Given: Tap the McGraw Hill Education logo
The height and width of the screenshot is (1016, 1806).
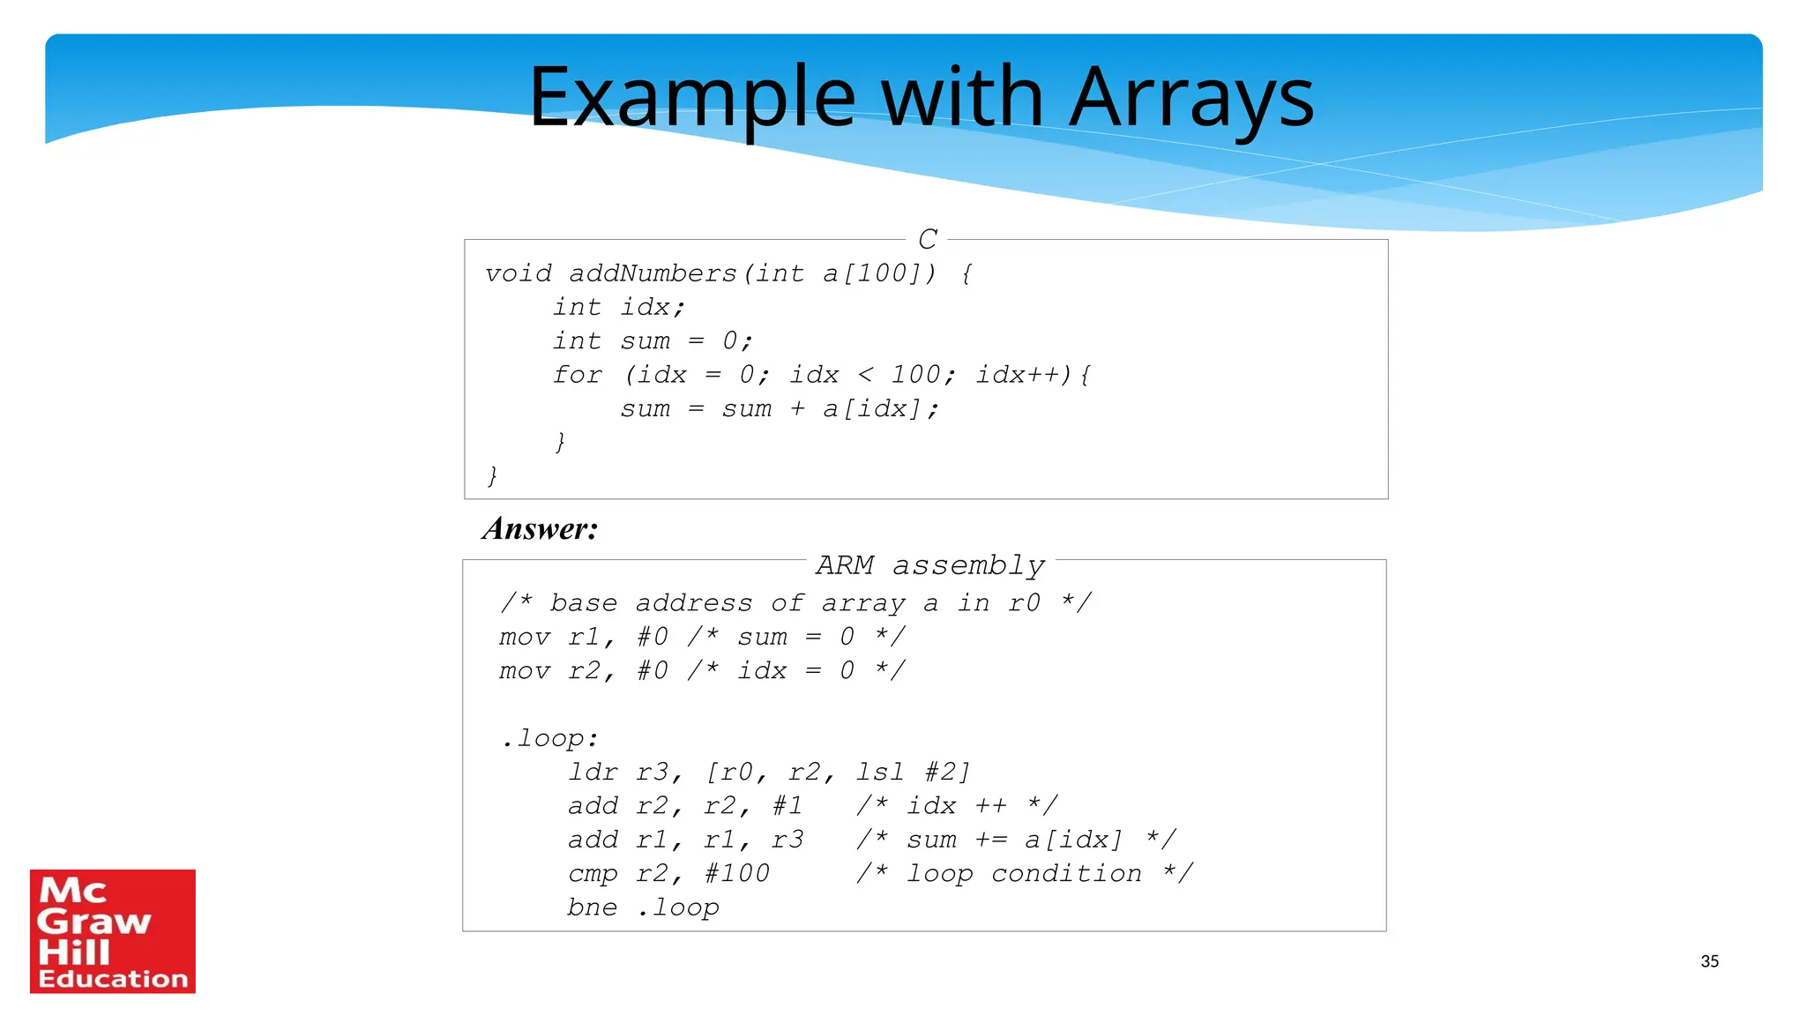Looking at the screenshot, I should coord(113,931).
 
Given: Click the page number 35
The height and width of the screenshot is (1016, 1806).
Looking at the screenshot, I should coord(1709,961).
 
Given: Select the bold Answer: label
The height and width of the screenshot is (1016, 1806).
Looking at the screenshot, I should coord(540,529).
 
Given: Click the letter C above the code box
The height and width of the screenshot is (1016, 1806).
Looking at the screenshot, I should coord(927,239).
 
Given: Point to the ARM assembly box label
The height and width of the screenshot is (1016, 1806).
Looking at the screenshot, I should coord(929,564).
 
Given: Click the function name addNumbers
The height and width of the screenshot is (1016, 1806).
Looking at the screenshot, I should coord(653,273).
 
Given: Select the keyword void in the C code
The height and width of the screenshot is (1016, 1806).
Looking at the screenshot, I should coord(519,273).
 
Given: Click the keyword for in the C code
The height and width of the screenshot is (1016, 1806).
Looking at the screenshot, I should coord(578,375).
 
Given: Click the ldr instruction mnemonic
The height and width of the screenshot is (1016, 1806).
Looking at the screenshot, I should coord(593,773).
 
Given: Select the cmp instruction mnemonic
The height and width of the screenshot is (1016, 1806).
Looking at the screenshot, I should coord(593,874).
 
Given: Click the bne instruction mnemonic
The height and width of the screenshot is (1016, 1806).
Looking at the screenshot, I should coord(592,908).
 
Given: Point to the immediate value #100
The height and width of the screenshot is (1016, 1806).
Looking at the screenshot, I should coord(736,874).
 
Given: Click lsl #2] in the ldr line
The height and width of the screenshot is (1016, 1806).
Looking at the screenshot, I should coord(913,773).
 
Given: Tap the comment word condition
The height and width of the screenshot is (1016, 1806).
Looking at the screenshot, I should coord(1066,874).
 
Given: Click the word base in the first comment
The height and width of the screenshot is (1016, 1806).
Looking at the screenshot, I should coord(583,603).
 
